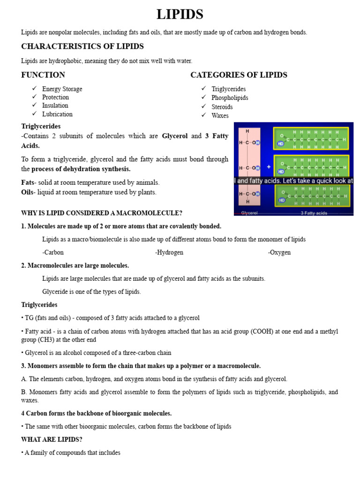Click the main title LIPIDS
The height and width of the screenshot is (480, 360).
[x=180, y=15]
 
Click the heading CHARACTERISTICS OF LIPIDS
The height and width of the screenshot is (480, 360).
[x=82, y=46]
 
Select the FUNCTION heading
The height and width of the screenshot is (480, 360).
[x=43, y=75]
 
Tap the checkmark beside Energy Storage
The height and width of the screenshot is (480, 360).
[x=34, y=89]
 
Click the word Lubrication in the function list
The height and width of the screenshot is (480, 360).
[x=57, y=114]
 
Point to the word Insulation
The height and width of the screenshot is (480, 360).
[x=55, y=105]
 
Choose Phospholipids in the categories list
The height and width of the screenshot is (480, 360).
[x=230, y=98]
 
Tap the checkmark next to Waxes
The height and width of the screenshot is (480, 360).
[x=203, y=115]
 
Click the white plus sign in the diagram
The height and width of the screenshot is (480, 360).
[x=269, y=166]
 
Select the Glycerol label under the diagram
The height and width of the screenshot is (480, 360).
[x=249, y=213]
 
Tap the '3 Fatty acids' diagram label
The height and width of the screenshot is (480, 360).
[x=314, y=213]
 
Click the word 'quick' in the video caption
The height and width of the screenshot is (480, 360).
[x=318, y=180]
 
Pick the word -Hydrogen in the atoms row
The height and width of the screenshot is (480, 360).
[x=169, y=252]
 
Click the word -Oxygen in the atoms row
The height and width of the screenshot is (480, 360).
[x=279, y=252]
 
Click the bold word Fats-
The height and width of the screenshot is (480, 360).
[x=29, y=182]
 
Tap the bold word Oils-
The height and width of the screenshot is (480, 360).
[x=29, y=192]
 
